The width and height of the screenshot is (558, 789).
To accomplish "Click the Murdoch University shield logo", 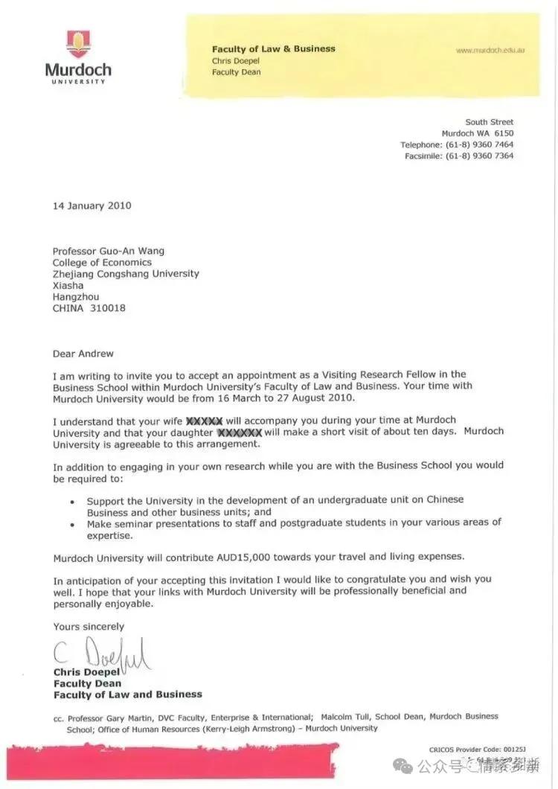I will click(78, 44).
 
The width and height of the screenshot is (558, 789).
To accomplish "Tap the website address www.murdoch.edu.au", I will click(490, 50).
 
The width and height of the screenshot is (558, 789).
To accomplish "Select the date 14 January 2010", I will click(92, 205).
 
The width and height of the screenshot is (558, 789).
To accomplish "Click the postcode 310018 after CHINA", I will click(110, 307).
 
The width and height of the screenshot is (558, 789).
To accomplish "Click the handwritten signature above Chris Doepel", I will click(100, 655).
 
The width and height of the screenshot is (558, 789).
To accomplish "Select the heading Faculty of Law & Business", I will click(273, 48).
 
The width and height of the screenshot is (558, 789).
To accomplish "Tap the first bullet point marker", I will click(71, 502).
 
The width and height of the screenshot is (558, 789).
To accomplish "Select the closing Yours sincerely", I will click(89, 627).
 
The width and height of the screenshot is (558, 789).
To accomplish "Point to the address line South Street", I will click(489, 122).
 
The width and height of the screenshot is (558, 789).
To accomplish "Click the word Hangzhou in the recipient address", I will click(75, 296).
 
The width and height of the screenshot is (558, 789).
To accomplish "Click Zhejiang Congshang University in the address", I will click(126, 273).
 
